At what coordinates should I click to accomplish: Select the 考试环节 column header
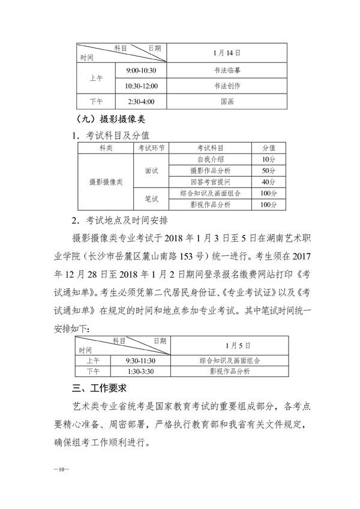coord(151,147)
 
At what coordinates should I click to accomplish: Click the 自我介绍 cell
coord(210,159)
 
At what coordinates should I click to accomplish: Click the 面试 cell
coord(151,170)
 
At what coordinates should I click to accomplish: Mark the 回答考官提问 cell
coord(210,182)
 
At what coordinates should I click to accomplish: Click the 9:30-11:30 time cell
coord(141,361)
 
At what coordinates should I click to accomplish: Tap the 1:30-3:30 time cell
coord(141,372)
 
